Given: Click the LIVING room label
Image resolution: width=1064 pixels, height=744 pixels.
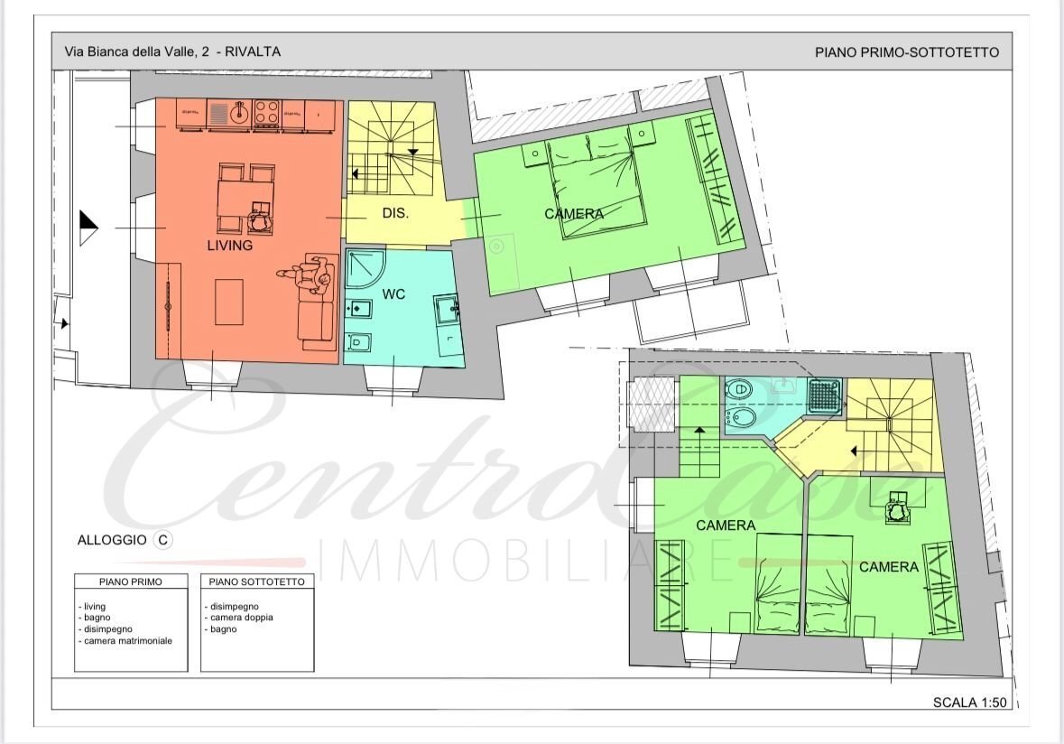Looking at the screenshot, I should [x=229, y=245].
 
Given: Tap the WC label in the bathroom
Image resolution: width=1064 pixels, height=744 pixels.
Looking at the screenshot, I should [x=393, y=294].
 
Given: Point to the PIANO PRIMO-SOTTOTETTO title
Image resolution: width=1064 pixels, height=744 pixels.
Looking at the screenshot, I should [x=906, y=52].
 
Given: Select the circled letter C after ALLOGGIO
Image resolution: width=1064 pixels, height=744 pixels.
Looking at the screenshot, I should [x=162, y=540].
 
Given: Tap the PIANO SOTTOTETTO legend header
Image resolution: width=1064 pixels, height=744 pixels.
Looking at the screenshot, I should [x=257, y=581].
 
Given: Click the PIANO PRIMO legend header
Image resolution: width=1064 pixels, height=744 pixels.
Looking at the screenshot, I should [x=131, y=581].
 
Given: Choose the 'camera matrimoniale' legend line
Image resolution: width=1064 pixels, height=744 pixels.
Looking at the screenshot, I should [x=127, y=640].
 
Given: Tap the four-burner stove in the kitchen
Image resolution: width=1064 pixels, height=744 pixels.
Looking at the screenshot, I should [x=265, y=113].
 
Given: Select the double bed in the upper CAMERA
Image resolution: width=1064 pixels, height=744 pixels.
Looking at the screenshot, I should [x=597, y=186].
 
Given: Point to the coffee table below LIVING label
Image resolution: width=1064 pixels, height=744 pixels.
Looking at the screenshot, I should [x=228, y=302].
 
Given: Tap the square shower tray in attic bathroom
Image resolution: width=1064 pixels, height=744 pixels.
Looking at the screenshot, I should [x=825, y=396].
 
